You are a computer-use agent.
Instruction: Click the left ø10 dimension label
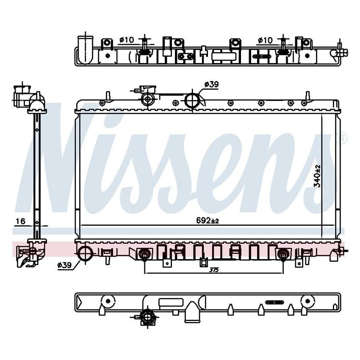(126, 40)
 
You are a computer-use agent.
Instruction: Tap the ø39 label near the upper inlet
(211, 85)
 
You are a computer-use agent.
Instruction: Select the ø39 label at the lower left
(64, 265)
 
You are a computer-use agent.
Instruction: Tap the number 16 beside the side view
(21, 221)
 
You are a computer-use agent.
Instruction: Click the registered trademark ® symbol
(343, 138)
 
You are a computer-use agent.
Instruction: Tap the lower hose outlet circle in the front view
(85, 253)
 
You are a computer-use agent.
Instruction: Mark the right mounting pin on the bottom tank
(282, 255)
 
